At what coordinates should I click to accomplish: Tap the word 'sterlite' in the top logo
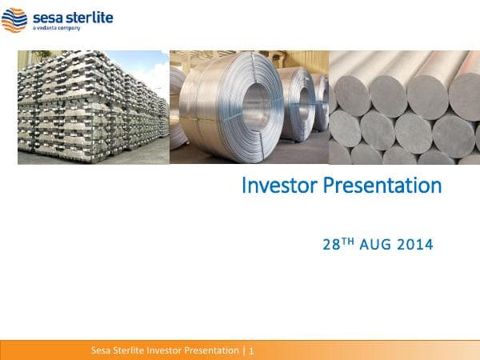pyautogui.click(x=75, y=16)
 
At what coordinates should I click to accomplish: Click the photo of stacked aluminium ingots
pyautogui.click(x=92, y=112)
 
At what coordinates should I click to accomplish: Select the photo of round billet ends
pyautogui.click(x=404, y=112)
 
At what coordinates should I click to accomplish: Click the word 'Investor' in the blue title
pyautogui.click(x=280, y=186)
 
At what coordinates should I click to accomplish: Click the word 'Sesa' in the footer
pyautogui.click(x=102, y=350)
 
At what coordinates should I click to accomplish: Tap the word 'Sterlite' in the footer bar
pyautogui.click(x=133, y=350)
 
